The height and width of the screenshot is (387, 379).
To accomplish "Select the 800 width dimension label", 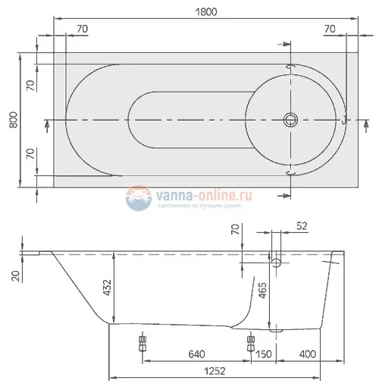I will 12,120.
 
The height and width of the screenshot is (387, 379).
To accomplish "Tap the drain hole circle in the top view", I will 290,120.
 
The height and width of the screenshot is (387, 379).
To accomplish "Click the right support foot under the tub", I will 250,343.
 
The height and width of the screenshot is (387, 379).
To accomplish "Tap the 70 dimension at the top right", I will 329,29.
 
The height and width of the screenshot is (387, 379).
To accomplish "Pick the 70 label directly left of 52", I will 235,232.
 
